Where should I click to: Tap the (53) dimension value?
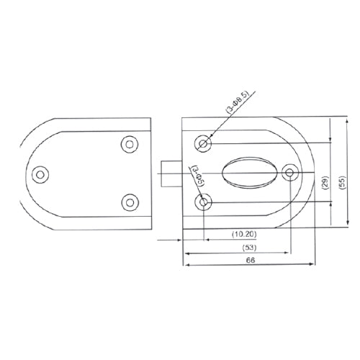(249, 247)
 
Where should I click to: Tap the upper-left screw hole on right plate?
(204, 145)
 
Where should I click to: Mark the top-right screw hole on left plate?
(130, 144)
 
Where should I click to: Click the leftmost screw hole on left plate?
(42, 174)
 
